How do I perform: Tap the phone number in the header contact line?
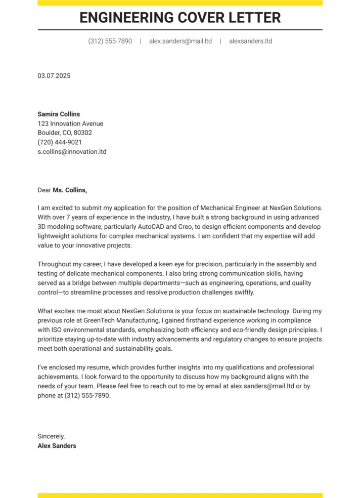(110, 41)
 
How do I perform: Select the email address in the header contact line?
(181, 41)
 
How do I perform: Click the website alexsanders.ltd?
(250, 41)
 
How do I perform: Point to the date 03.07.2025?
(54, 76)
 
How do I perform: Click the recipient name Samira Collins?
(59, 114)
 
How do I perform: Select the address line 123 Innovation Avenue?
(70, 123)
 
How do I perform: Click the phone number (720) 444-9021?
(60, 142)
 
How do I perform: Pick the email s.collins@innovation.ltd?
(72, 151)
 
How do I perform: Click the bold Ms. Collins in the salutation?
(70, 190)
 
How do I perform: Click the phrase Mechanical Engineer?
(233, 207)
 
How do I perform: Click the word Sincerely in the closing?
(51, 436)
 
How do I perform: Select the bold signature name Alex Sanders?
(57, 446)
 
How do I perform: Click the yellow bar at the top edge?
(180, 3)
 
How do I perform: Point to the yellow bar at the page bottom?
(180, 495)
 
